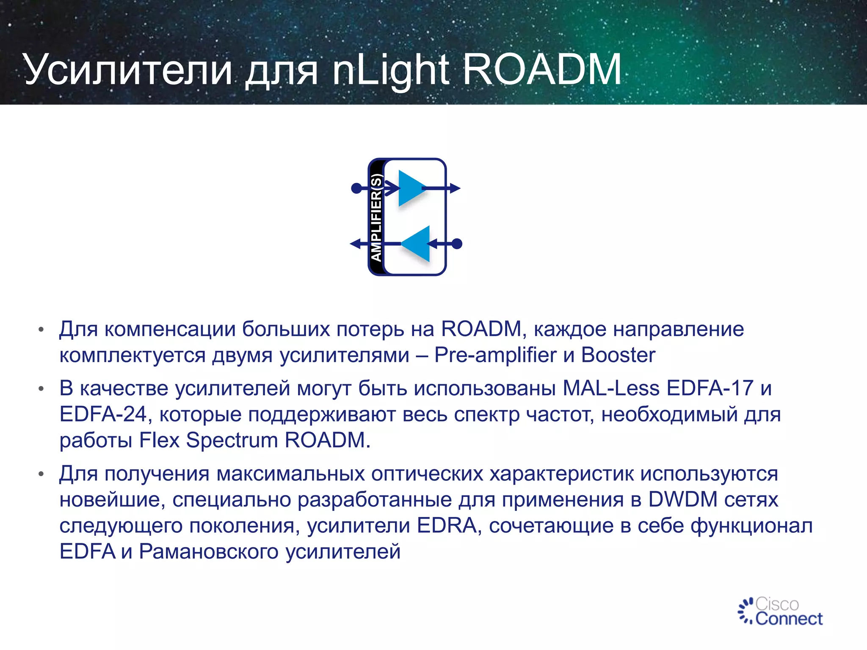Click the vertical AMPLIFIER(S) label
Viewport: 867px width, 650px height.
(x=376, y=217)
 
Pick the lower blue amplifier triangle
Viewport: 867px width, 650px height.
(x=417, y=244)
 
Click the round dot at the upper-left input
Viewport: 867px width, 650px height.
(x=356, y=188)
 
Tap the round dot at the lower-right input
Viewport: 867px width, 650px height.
(x=457, y=244)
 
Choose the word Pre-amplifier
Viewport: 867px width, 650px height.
(x=495, y=355)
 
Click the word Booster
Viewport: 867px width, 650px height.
(x=618, y=355)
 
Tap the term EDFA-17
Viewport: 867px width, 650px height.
(x=710, y=388)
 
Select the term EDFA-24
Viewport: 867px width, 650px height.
(x=103, y=414)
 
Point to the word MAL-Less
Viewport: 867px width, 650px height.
(x=611, y=388)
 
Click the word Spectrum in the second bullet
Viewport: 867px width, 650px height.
(x=232, y=440)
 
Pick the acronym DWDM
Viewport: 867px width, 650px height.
(x=682, y=499)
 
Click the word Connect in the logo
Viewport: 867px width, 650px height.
(x=789, y=619)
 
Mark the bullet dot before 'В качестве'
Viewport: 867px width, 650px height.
(x=41, y=389)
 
